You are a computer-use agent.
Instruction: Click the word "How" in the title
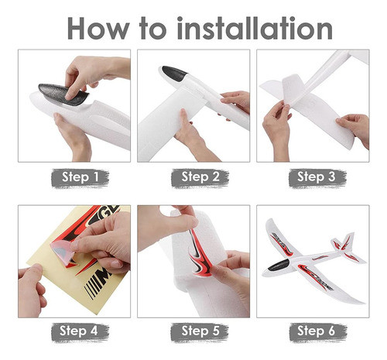(x=98, y=28)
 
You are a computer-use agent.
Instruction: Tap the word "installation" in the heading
(x=255, y=28)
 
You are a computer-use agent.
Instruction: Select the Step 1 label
(x=80, y=177)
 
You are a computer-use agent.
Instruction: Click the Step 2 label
(x=200, y=177)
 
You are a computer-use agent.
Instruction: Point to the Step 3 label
(x=317, y=177)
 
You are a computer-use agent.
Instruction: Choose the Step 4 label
(x=79, y=331)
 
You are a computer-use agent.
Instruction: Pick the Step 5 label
(x=200, y=331)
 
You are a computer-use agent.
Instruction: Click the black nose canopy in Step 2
(x=174, y=73)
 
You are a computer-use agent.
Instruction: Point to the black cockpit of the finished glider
(x=279, y=266)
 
